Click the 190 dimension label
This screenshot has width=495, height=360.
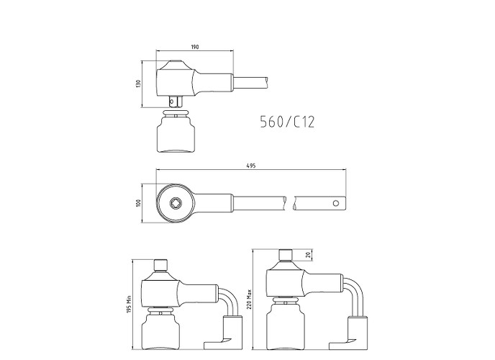click(x=195, y=47)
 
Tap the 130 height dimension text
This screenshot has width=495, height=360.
click(x=137, y=84)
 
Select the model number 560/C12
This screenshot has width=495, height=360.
click(x=287, y=122)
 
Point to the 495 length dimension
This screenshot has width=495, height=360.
click(x=251, y=166)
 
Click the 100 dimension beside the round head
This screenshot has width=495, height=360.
click(x=137, y=203)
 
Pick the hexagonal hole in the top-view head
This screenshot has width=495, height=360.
click(x=175, y=203)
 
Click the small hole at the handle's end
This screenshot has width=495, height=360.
click(x=336, y=203)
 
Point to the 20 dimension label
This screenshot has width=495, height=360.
click(x=309, y=255)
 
